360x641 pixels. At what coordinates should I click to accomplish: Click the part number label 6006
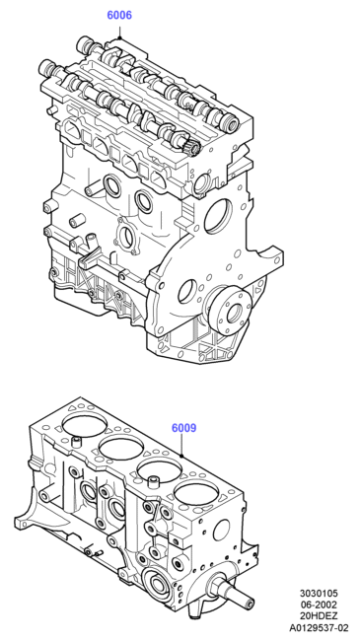[119, 15]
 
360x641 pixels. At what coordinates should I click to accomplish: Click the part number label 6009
[184, 428]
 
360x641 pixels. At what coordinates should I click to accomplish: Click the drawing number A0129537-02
[319, 628]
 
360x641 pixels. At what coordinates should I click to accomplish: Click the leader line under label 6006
[120, 32]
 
